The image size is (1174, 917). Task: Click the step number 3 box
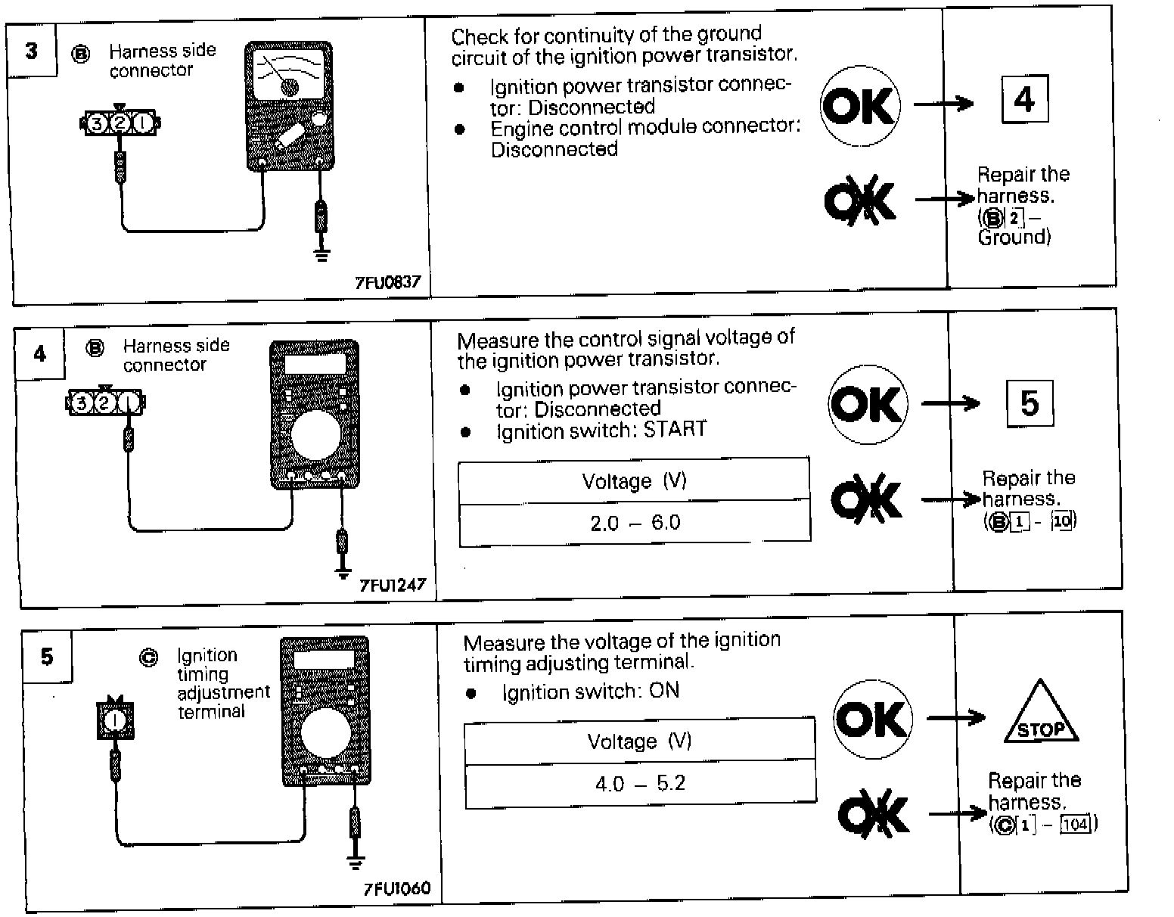point(32,51)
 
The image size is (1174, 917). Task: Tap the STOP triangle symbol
point(1041,713)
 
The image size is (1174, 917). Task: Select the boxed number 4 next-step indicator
point(1025,99)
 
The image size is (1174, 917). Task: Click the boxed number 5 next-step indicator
point(1030,403)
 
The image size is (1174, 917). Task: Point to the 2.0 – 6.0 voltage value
point(635,523)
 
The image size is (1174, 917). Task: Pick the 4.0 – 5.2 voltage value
point(640,783)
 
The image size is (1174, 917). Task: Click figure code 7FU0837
point(387,283)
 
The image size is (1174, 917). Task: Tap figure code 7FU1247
point(393,585)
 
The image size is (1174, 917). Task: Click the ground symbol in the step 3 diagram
point(321,253)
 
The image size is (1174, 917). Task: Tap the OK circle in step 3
point(860,106)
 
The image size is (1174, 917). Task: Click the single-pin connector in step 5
point(115,720)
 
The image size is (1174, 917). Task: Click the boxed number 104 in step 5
point(1076,824)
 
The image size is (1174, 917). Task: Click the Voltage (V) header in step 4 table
point(634,481)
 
